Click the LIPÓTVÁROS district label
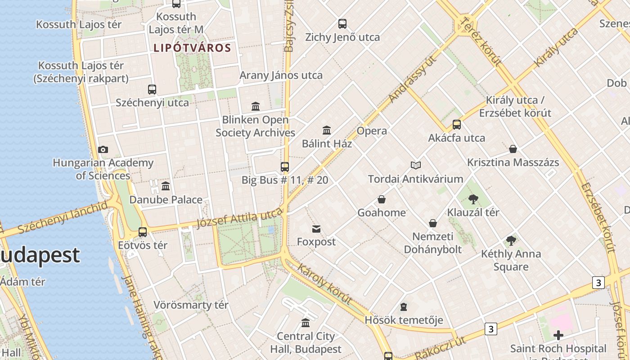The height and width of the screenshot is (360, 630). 192,48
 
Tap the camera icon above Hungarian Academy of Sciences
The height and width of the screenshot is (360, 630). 103,150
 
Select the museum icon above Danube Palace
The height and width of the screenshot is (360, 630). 166,186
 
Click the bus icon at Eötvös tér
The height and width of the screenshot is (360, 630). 143,232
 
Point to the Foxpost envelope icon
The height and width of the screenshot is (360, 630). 316,229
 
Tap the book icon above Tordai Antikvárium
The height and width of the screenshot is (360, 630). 416,166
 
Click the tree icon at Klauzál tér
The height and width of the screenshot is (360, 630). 473,199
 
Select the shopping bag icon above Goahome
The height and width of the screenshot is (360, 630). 382,199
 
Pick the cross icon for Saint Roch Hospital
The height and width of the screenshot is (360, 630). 558,335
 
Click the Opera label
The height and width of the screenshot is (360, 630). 372,131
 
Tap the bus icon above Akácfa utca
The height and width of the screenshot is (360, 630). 457,125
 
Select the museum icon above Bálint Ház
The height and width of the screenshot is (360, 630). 327,130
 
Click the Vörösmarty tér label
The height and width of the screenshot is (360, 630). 191,305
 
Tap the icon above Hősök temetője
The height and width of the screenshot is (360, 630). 404,307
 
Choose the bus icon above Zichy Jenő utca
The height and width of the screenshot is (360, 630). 342,24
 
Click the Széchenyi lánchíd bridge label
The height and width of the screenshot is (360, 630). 63,218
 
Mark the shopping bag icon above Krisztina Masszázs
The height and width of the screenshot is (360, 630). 513,149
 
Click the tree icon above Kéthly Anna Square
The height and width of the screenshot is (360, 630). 511,241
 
